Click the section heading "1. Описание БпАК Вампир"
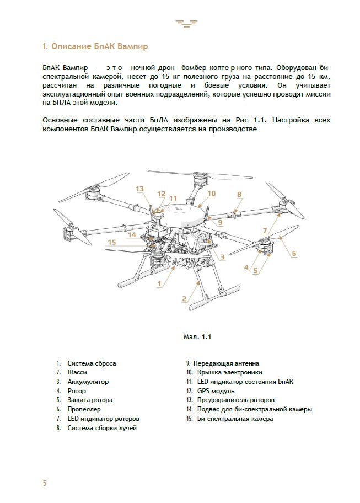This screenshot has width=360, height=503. [95, 46]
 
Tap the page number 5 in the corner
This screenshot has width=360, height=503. [45, 483]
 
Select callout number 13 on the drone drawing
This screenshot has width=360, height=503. [139, 189]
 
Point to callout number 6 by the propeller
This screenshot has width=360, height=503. [294, 254]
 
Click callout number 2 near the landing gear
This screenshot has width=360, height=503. [184, 299]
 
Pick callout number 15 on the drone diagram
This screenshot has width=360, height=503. [112, 242]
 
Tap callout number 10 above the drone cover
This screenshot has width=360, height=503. [211, 194]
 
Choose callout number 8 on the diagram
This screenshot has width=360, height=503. [239, 195]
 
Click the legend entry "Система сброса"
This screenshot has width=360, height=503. [92, 363]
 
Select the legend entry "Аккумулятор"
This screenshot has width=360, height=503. [88, 382]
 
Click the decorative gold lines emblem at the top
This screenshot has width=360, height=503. [186, 23]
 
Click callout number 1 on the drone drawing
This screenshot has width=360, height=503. [159, 283]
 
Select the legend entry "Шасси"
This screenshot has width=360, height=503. [77, 372]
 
